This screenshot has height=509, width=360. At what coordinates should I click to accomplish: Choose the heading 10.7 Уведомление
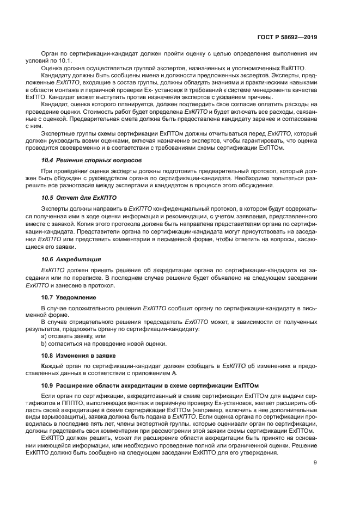[x=69, y=298]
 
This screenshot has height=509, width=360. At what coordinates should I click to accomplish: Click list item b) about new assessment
[x=104, y=344]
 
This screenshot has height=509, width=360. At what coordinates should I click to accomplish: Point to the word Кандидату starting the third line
[x=56, y=74]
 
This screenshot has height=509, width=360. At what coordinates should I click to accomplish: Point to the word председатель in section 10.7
[x=162, y=322]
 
